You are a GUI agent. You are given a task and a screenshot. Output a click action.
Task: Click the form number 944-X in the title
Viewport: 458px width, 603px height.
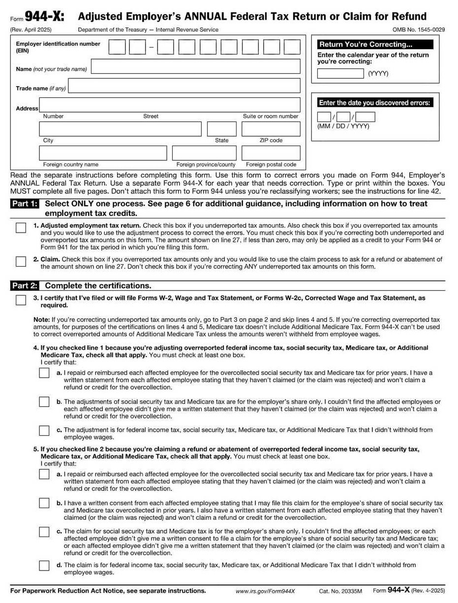tap(44, 17)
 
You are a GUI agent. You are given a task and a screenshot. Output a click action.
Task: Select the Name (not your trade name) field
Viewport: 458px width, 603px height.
tap(195, 66)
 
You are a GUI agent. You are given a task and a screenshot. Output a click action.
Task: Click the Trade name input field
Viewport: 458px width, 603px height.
tap(184, 86)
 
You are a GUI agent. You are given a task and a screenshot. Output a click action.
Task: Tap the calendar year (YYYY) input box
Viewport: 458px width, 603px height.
tap(340, 74)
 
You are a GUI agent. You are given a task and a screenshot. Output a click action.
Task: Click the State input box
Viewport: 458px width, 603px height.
tap(221, 129)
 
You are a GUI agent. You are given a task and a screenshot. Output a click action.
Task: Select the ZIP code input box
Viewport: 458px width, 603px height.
tap(271, 129)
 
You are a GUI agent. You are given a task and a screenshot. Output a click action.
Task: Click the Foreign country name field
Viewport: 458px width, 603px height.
tap(103, 153)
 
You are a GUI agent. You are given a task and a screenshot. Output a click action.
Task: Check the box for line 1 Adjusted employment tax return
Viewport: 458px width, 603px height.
tap(21, 228)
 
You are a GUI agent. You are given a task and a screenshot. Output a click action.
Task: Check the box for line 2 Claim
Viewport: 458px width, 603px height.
tap(21, 261)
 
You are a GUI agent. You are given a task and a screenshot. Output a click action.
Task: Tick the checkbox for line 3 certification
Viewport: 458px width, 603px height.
tap(21, 300)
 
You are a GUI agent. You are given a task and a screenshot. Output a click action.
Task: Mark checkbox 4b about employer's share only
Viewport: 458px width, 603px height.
tap(44, 402)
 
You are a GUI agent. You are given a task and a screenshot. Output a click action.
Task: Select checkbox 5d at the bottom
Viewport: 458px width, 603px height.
tap(44, 566)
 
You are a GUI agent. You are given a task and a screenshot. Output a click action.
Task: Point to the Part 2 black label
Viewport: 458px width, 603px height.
tap(24, 286)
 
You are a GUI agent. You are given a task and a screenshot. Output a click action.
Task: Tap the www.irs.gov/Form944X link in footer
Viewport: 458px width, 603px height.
tap(265, 591)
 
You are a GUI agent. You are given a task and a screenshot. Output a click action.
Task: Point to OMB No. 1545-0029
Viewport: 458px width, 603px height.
tap(418, 30)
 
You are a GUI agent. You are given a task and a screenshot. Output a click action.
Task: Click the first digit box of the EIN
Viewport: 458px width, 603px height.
tap(117, 47)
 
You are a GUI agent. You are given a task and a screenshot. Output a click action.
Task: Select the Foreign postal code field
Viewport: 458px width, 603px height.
tap(271, 153)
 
